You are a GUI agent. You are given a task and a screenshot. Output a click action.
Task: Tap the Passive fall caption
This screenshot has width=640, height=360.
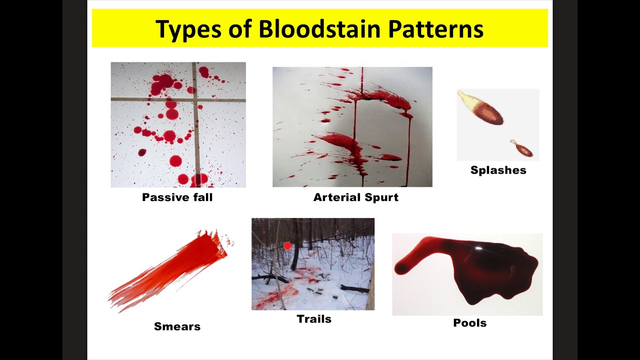point(177,197)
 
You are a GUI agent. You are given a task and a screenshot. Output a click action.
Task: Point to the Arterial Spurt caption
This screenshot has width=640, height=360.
point(355,197)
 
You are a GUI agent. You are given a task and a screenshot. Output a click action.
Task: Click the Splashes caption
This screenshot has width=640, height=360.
point(498,170)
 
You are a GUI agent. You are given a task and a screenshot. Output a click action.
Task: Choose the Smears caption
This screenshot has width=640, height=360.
point(177,326)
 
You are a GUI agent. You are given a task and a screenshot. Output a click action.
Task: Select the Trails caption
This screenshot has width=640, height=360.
point(314,319)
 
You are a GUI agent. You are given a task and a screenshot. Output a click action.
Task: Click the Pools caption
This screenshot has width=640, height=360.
point(469,323)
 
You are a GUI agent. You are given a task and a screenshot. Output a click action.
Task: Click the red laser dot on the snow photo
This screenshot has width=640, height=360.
point(287,245)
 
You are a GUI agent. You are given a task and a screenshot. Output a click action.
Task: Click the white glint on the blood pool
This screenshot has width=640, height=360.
point(478,248)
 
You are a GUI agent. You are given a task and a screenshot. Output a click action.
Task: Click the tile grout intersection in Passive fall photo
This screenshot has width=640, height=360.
point(194,100)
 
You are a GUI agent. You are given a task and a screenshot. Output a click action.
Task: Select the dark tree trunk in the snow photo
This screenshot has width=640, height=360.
point(296,250)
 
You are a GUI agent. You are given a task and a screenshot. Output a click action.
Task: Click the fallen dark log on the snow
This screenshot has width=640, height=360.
point(355,289)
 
